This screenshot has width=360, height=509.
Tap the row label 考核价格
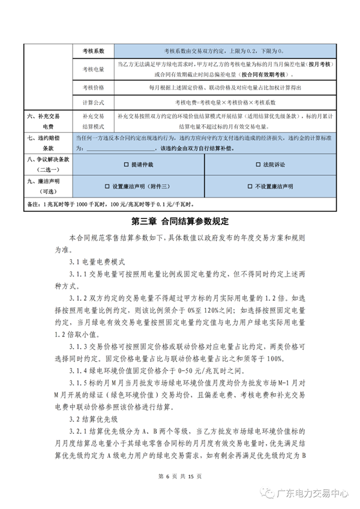92,88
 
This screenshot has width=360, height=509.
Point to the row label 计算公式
92,103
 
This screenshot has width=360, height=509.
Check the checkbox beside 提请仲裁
125,164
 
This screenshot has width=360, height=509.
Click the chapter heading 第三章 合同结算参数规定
179,221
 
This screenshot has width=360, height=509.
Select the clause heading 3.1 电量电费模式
96,263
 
